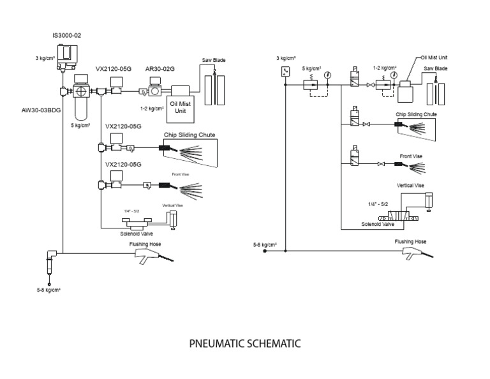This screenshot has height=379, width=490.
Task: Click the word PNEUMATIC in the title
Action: tap(218, 343)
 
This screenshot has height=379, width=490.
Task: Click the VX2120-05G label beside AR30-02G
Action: tap(114, 68)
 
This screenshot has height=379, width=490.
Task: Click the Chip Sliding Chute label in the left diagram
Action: tap(189, 135)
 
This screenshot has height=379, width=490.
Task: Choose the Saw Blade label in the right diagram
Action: tap(436, 68)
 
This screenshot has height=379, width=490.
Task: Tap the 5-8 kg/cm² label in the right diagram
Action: tap(264, 244)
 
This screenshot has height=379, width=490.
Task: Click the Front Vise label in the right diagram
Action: tap(411, 156)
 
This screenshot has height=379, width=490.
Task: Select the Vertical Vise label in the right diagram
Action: tap(411, 185)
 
